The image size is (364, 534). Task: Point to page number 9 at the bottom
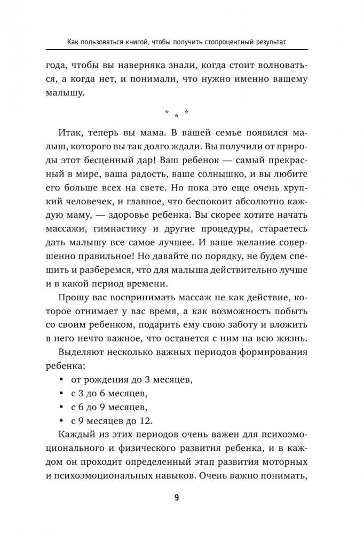tap(177, 498)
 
